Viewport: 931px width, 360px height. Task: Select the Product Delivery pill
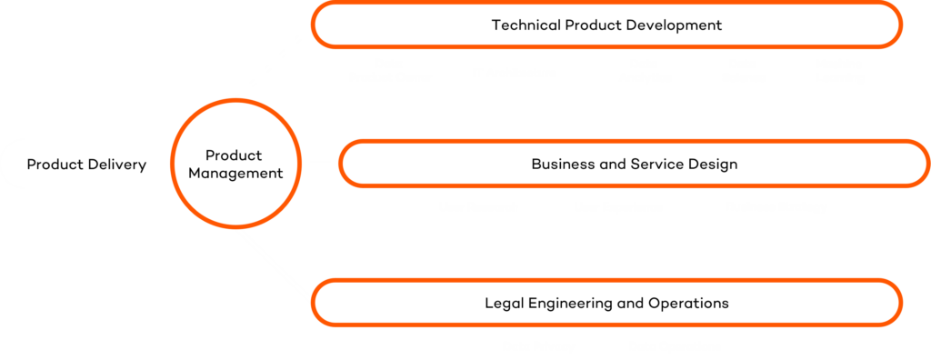tap(86, 165)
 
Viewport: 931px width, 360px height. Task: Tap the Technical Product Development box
tap(606, 25)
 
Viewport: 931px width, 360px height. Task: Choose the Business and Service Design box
tap(634, 165)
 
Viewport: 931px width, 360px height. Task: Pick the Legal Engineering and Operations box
tap(606, 302)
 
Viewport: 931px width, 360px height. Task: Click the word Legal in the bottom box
tap(503, 302)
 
